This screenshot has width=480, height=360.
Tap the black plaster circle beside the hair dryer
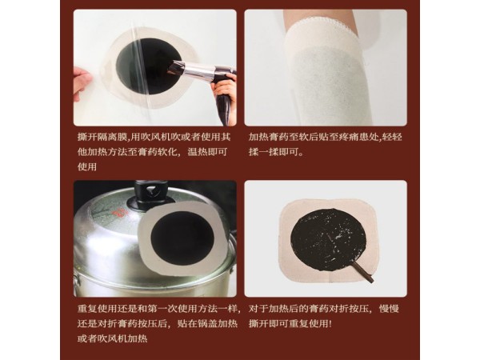[138, 67]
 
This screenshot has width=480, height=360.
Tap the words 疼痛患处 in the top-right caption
[355, 137]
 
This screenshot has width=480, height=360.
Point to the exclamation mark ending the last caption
[330, 323]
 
